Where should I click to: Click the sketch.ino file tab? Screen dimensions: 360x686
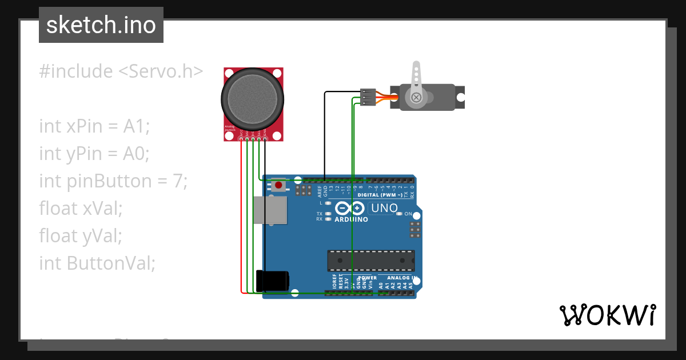point(101,25)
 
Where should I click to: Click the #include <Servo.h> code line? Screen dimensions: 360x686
point(121,71)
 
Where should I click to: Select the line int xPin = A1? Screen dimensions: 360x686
point(94,126)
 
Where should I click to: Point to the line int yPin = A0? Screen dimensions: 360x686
point(94,153)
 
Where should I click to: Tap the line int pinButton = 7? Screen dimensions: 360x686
point(113,181)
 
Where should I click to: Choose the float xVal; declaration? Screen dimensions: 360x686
point(81,208)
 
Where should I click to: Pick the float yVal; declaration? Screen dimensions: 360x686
point(81,235)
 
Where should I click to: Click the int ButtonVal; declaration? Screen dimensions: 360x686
point(97,262)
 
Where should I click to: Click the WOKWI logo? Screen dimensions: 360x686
point(607,315)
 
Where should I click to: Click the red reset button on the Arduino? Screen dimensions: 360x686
point(279,185)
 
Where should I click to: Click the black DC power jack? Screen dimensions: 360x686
point(273,281)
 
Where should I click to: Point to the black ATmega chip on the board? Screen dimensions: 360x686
point(371,261)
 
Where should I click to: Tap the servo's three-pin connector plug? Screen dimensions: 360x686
point(368,97)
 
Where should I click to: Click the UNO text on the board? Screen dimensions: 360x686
point(384,208)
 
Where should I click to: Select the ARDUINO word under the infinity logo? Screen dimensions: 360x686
point(351,219)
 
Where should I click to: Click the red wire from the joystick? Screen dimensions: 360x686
point(241,229)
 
